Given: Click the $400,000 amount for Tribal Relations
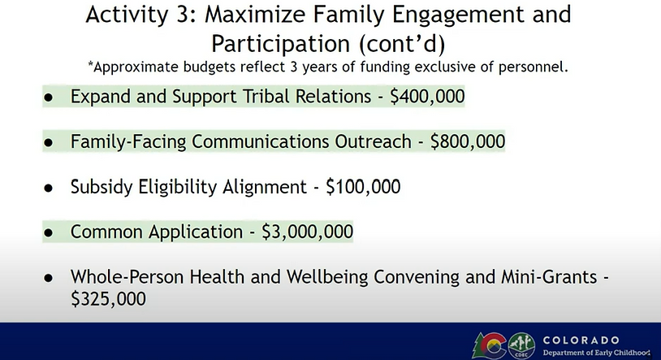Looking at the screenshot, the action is pos(427,97).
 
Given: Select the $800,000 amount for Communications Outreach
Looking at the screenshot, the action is pos(468,141).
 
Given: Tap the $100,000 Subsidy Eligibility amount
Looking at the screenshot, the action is pos(363,187).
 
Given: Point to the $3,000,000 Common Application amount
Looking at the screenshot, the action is pos(307,232).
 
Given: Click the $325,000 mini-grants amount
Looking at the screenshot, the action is pos(108,299).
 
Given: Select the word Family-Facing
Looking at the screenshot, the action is pos(128,141).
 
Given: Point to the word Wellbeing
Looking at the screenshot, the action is pos(327,277).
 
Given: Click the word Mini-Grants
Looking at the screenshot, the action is pos(549,277).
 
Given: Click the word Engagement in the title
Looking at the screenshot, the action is pos(458,15).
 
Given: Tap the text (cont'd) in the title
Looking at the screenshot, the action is pos(402,43).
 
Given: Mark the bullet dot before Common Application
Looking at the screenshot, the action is pos(49,232).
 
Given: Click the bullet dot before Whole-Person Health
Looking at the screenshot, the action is pos(49,278).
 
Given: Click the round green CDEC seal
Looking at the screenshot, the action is pos(521,345).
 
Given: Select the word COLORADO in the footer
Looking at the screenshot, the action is pos(581,340).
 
